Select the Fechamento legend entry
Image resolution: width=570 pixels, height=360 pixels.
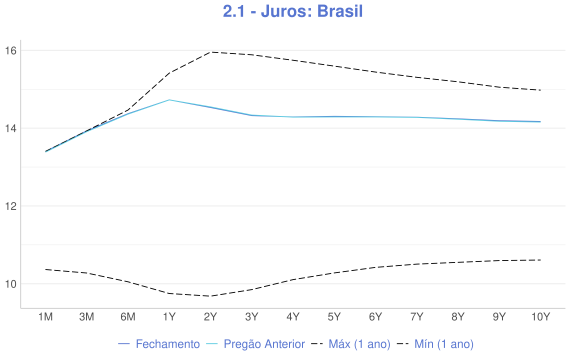coord(159,344)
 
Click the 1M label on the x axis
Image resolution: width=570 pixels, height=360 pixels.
coord(45,317)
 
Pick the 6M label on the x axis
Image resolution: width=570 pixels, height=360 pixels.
coord(128,317)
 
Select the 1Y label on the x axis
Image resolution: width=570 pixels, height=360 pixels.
coord(169,317)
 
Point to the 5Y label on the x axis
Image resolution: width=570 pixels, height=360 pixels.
coord(334,317)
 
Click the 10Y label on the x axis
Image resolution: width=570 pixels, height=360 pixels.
coord(540,317)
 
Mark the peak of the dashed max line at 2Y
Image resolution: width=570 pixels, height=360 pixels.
coord(210,51)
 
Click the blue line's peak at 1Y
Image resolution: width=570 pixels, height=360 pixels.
coord(169,100)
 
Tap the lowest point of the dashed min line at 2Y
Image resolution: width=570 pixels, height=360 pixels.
coord(210,296)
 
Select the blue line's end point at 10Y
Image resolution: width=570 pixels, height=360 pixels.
coord(540,122)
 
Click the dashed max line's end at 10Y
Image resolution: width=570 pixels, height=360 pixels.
coord(540,90)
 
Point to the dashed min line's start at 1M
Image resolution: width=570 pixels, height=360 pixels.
coord(45,269)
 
